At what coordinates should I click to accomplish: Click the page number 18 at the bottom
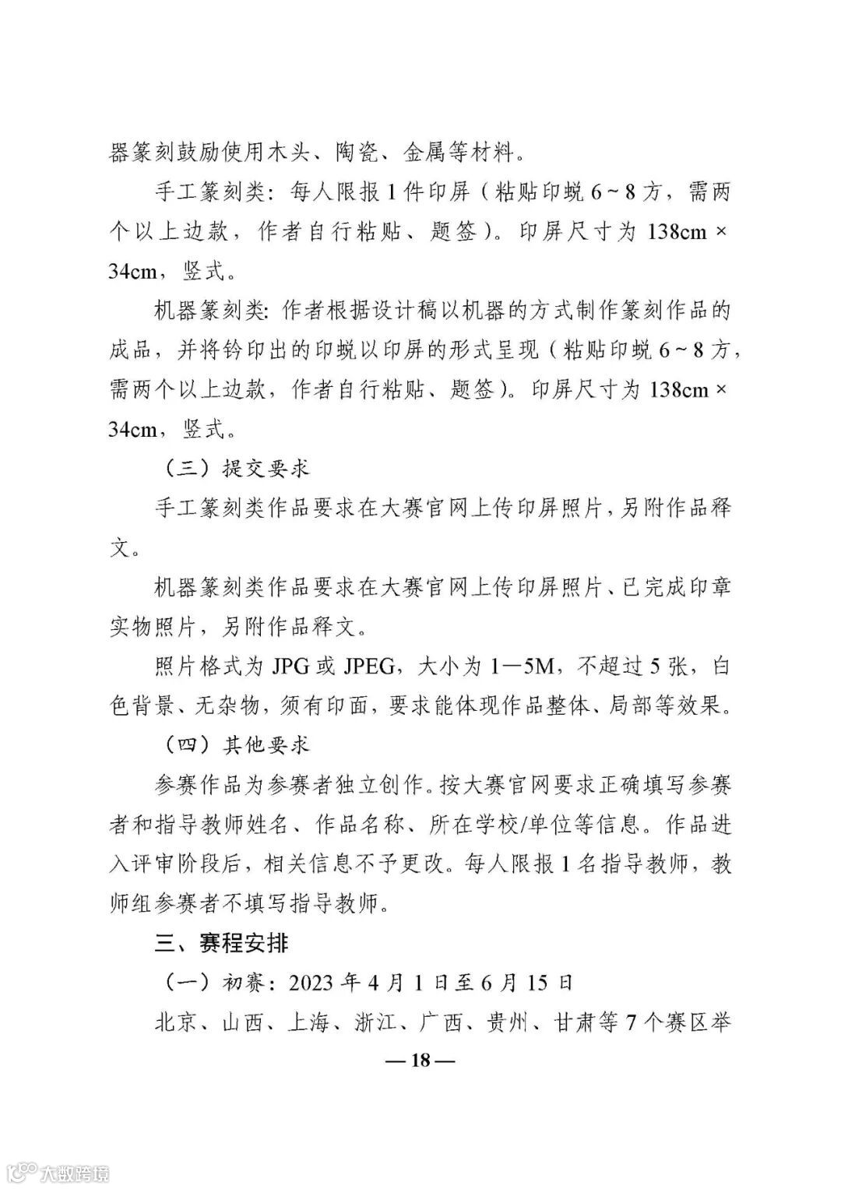coord(420,1060)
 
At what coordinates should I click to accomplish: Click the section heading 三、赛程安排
coord(222,943)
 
